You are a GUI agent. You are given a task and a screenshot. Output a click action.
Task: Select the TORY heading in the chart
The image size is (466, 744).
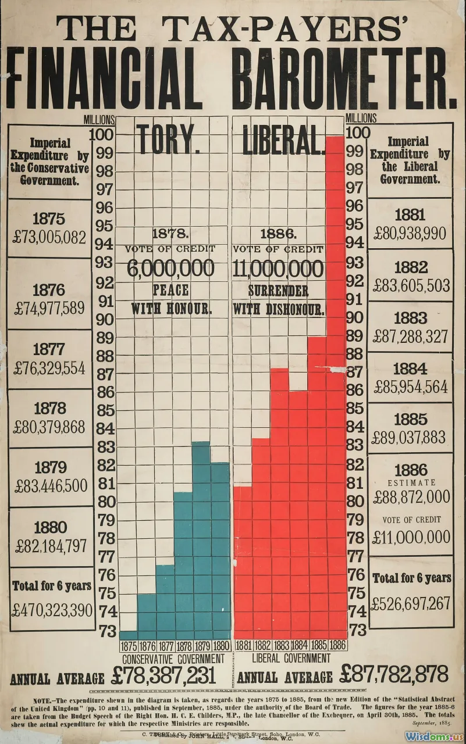tap(169, 139)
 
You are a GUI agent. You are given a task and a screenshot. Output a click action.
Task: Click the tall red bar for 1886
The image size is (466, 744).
tap(336, 384)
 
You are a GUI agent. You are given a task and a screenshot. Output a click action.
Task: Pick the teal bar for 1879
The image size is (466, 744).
tap(201, 541)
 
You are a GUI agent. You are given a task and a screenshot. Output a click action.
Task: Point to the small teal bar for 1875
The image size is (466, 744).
tap(129, 635)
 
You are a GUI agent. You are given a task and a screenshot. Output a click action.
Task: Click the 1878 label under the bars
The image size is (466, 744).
tap(184, 646)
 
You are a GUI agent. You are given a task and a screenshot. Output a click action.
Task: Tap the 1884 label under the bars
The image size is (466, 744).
tap(299, 646)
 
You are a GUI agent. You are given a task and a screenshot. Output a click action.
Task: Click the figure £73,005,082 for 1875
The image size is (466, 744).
tap(50, 237)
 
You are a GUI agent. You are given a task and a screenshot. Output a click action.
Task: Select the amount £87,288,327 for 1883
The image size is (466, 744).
tap(411, 337)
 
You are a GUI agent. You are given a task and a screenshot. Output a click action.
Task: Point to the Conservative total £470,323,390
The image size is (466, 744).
tap(52, 610)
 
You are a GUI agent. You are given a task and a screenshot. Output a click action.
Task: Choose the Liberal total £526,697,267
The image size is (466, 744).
tap(411, 603)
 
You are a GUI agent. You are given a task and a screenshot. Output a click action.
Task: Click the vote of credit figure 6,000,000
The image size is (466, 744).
tap(170, 269)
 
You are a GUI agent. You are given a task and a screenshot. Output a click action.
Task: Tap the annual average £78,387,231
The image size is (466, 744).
tap(163, 676)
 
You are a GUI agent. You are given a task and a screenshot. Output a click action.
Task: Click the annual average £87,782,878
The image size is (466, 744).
tap(394, 674)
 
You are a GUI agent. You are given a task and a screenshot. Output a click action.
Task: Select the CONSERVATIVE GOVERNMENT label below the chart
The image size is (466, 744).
tap(173, 659)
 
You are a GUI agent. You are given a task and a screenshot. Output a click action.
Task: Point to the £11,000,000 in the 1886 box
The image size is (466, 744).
tap(411, 536)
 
